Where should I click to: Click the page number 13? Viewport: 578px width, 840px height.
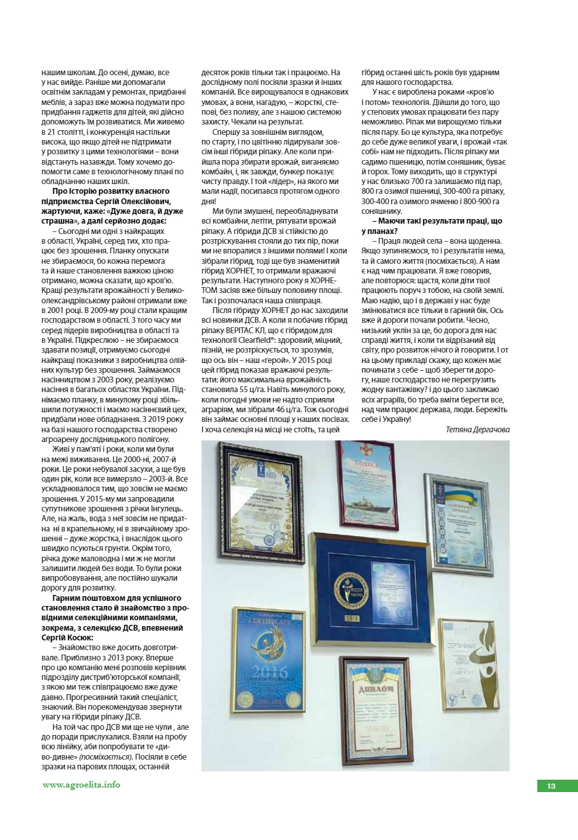click(x=551, y=786)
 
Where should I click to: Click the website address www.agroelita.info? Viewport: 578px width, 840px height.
click(x=81, y=785)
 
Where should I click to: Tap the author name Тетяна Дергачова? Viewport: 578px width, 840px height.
click(x=478, y=429)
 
